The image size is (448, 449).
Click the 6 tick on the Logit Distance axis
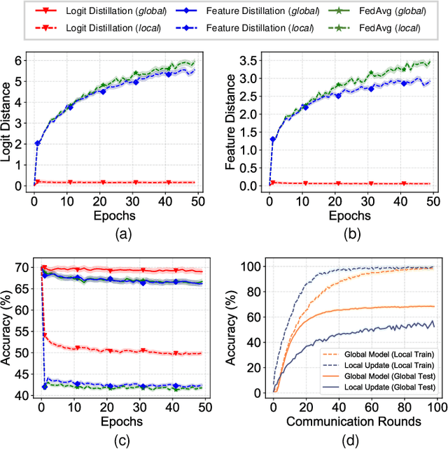coord(25,61)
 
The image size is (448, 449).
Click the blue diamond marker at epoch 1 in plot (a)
coord(38,143)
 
